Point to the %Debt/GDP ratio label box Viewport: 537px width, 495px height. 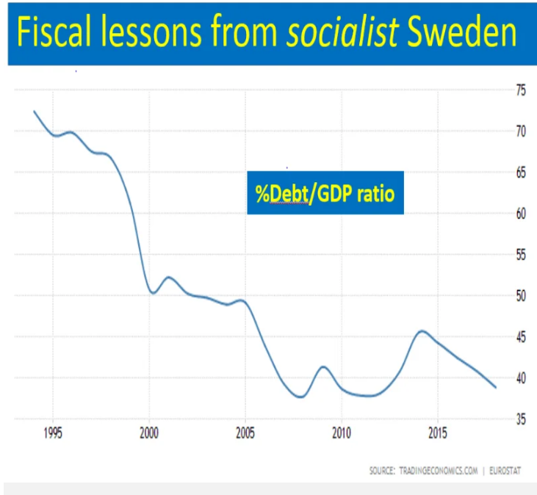coord(325,195)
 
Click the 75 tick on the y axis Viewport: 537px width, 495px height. coord(521,90)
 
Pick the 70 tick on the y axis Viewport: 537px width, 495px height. coord(521,131)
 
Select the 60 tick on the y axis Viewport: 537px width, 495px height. coord(521,214)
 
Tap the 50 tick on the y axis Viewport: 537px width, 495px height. coord(521,296)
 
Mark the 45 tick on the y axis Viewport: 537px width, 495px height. coord(521,337)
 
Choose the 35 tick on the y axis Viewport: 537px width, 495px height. coord(521,419)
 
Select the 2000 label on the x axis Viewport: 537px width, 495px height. coord(149,432)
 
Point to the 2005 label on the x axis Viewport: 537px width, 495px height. coord(245,432)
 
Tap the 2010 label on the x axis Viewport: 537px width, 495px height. coord(342,432)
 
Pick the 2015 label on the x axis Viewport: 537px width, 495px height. coord(438,432)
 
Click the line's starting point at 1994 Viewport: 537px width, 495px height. coord(34,111)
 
